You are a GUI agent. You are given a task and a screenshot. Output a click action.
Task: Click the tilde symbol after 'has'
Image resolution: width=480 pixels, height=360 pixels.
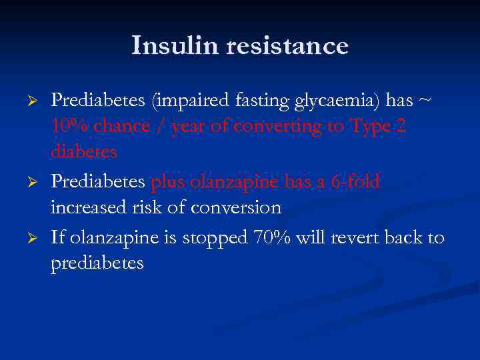425,101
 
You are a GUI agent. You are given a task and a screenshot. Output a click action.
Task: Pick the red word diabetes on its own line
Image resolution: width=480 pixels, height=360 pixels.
84,151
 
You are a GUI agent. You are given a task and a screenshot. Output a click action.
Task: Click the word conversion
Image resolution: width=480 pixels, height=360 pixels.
237,207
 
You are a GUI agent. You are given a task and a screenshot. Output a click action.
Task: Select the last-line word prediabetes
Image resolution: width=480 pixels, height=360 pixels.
97,263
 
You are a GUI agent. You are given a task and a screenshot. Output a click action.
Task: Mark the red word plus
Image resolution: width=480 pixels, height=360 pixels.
170,182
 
